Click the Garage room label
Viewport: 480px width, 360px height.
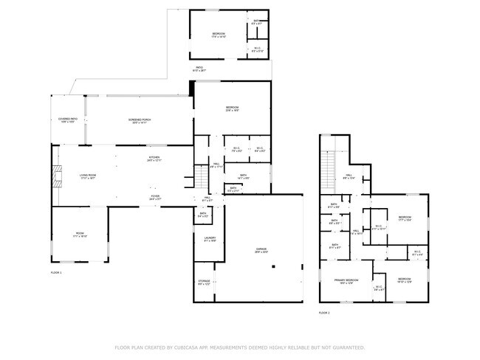pyautogui.click(x=261, y=250)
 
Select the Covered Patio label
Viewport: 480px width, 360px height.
pyautogui.click(x=68, y=120)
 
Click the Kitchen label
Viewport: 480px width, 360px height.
pyautogui.click(x=154, y=158)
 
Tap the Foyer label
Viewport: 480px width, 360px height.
pyautogui.click(x=155, y=197)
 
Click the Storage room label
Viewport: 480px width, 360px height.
pyautogui.click(x=205, y=283)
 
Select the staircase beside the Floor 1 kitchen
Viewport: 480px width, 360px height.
pyautogui.click(x=201, y=178)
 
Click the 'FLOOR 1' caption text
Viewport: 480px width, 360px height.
pyautogui.click(x=56, y=273)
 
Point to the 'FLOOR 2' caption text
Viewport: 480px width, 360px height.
pyautogui.click(x=324, y=313)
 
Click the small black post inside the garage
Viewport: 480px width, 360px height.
pyautogui.click(x=272, y=268)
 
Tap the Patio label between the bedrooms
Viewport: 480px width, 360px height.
pyautogui.click(x=199, y=69)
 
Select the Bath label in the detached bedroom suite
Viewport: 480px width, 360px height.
pyautogui.click(x=256, y=23)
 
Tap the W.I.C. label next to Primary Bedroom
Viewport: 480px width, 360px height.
pyautogui.click(x=378, y=288)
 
